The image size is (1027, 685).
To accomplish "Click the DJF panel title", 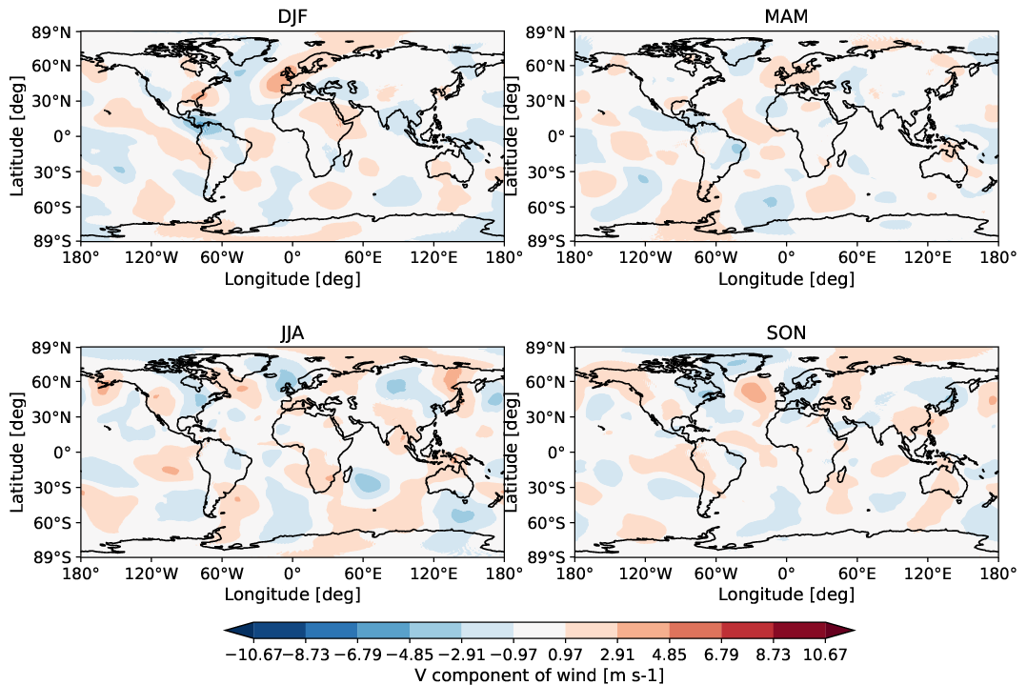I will click(x=292, y=17).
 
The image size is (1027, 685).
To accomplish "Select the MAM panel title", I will click(x=786, y=17).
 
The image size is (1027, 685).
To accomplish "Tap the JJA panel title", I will click(x=292, y=333).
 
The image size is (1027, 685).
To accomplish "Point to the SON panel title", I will click(x=786, y=333).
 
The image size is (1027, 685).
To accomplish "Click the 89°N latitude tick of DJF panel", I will click(x=53, y=32).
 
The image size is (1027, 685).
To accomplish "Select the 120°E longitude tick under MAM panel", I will click(x=928, y=258).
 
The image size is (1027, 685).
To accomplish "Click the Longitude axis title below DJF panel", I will click(x=292, y=279).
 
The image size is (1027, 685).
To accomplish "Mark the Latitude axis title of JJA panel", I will click(x=19, y=452).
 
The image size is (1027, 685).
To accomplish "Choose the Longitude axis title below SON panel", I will click(x=786, y=595).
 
